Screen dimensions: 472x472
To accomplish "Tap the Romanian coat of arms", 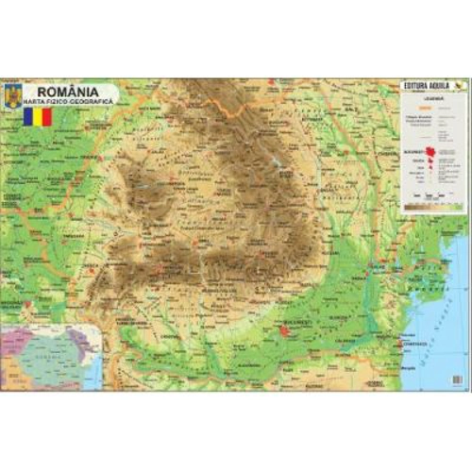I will tap(13, 95).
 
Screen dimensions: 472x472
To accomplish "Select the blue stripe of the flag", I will tap(29, 117).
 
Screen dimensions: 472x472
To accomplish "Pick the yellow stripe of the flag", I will tap(39, 117).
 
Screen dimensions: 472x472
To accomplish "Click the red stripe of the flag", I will tap(47, 117).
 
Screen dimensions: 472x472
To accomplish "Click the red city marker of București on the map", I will tap(284, 329).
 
